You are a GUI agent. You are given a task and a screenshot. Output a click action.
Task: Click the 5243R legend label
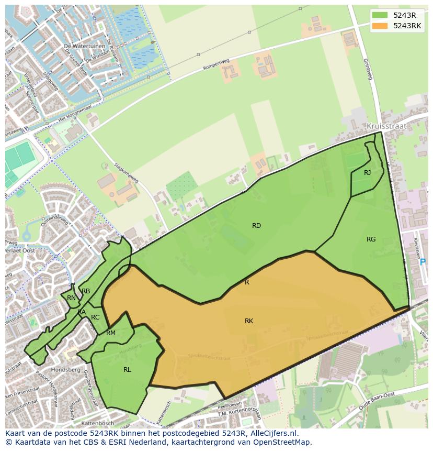click(x=404, y=15)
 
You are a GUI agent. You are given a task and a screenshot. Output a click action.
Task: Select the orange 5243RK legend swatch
click(x=381, y=26)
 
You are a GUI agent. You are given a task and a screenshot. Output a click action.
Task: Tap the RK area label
click(x=249, y=321)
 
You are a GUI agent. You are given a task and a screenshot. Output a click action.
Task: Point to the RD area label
click(x=256, y=226)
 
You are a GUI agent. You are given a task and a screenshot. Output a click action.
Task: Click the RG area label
click(x=371, y=239)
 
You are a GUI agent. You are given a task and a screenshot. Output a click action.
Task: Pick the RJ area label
click(x=367, y=173)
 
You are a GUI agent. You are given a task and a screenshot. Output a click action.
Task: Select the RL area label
click(x=127, y=369)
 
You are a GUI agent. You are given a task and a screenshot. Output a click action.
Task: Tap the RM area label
click(x=111, y=333)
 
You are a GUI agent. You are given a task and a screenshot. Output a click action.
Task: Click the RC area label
click(x=95, y=317)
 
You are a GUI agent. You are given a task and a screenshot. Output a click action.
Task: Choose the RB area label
click(x=86, y=291)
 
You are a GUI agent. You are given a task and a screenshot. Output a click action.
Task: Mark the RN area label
click(x=71, y=298)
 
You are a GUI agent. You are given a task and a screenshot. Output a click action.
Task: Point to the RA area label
click(x=82, y=312)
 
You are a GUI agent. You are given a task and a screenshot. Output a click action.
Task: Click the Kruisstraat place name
click(x=386, y=127)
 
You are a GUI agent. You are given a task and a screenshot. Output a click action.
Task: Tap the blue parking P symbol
click(x=423, y=262)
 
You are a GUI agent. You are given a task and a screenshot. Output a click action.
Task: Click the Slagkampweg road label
click(x=126, y=171)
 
